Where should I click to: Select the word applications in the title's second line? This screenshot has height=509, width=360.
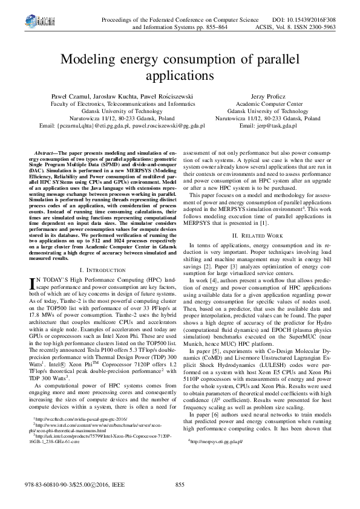(x=179, y=77)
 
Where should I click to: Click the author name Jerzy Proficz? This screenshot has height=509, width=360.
(x=267, y=96)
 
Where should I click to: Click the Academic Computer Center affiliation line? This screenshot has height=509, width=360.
(x=268, y=104)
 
